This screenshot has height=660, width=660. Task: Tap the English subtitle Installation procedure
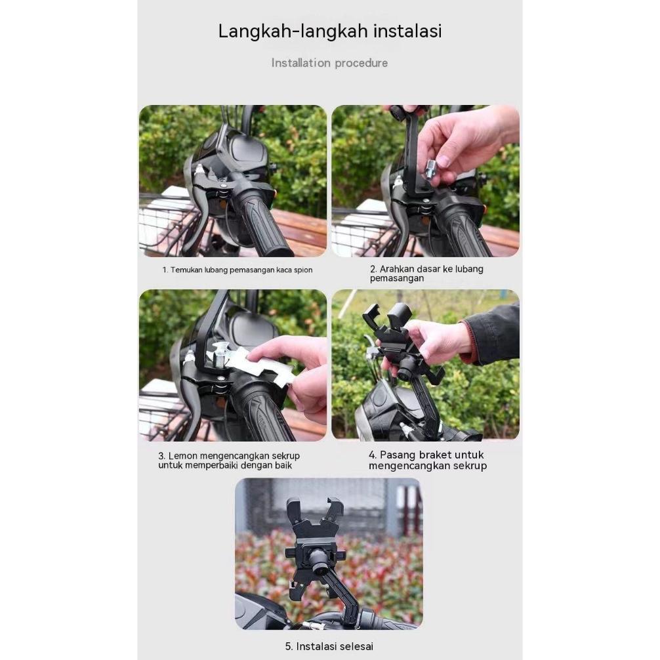tap(329, 63)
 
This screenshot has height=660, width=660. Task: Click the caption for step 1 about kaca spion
tap(237, 270)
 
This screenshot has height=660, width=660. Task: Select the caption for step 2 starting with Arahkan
tap(426, 274)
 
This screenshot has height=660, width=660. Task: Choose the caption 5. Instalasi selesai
tap(329, 646)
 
